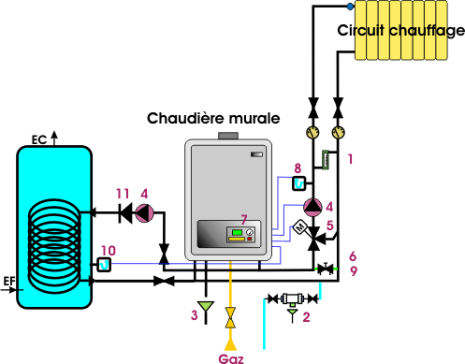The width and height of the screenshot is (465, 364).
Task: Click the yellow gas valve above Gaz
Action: coord(230,317)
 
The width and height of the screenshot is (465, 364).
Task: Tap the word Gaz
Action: coord(231,358)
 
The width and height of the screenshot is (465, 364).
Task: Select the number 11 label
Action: coord(123,194)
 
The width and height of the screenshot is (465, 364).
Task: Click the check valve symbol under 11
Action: coord(125,213)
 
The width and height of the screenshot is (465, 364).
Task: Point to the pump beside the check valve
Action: coord(144,213)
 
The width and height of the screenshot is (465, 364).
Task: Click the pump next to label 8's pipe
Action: coord(312,207)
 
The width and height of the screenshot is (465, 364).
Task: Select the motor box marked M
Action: coord(300,226)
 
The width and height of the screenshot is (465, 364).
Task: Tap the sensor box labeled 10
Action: coord(104,265)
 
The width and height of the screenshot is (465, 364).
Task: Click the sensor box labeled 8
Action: coord(299,183)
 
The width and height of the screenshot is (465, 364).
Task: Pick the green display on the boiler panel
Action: coord(237,232)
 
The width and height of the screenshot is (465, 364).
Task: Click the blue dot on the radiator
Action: coord(350,7)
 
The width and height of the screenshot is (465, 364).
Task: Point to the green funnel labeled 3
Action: coord(206,306)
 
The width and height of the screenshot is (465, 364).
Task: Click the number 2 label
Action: coord(306,317)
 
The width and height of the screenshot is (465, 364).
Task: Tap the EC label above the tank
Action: coord(39,140)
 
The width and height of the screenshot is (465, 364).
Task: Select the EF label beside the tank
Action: coord(9,282)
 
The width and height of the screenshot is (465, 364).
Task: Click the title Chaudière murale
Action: coord(213,119)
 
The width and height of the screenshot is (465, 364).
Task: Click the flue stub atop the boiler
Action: coord(228,136)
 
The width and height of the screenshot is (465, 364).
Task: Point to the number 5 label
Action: coord(330,226)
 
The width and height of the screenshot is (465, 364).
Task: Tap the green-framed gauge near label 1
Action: coord(326,160)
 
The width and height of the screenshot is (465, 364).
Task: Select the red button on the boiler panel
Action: coord(250,239)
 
